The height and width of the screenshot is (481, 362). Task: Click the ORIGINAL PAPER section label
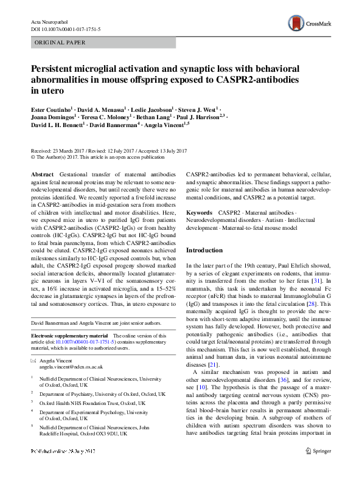[x=60, y=43]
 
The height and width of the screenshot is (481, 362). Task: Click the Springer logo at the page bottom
[x=318, y=468]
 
